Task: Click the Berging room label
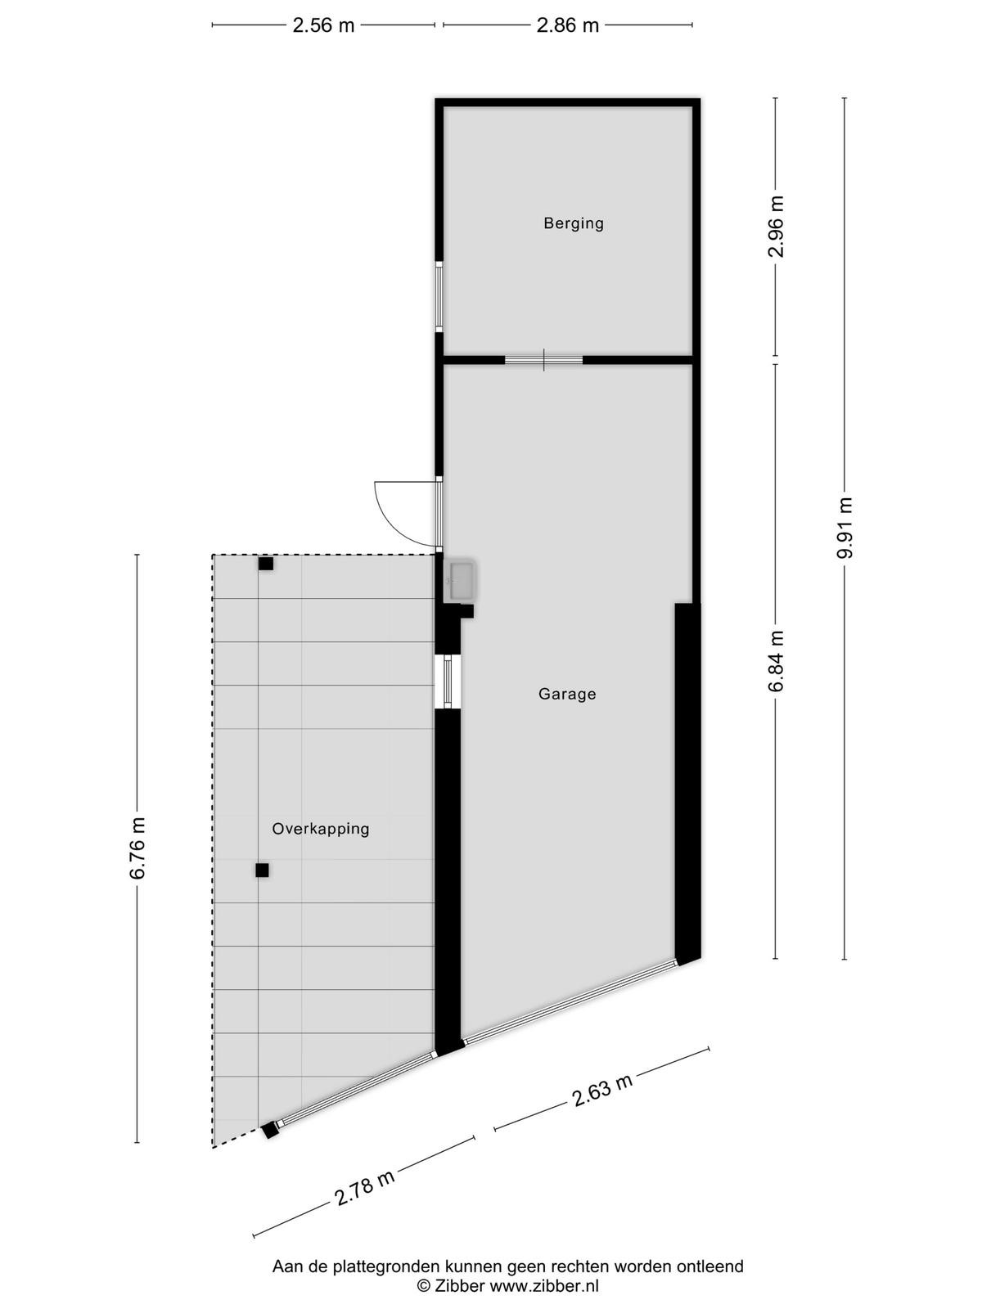pyautogui.click(x=573, y=223)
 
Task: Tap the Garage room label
pyautogui.click(x=567, y=694)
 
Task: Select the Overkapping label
pyautogui.click(x=321, y=829)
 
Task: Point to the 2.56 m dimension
pyautogui.click(x=323, y=25)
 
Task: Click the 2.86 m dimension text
pyautogui.click(x=568, y=25)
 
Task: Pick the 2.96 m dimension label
pyautogui.click(x=776, y=226)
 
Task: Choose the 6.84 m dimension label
pyautogui.click(x=776, y=661)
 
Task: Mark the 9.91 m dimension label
pyautogui.click(x=845, y=528)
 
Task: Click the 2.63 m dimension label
pyautogui.click(x=601, y=1090)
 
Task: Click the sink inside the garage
pyautogui.click(x=462, y=580)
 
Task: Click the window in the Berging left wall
pyautogui.click(x=439, y=296)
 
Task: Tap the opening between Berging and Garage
pyautogui.click(x=543, y=360)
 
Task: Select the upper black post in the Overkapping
pyautogui.click(x=266, y=564)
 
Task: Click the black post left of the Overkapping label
pyautogui.click(x=263, y=870)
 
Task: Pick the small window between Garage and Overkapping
pyautogui.click(x=448, y=681)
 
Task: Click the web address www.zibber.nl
pyautogui.click(x=543, y=1286)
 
